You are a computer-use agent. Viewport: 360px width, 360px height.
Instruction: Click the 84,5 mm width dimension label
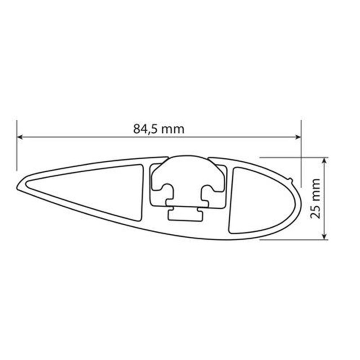(x=159, y=129)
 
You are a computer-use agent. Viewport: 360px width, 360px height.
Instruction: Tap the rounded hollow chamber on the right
(x=256, y=200)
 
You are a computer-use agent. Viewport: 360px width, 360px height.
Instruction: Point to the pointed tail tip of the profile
(x=19, y=186)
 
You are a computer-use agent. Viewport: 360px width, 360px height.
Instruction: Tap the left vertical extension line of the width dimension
(x=17, y=148)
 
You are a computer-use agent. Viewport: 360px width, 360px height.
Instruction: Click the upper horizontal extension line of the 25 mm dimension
(x=292, y=157)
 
